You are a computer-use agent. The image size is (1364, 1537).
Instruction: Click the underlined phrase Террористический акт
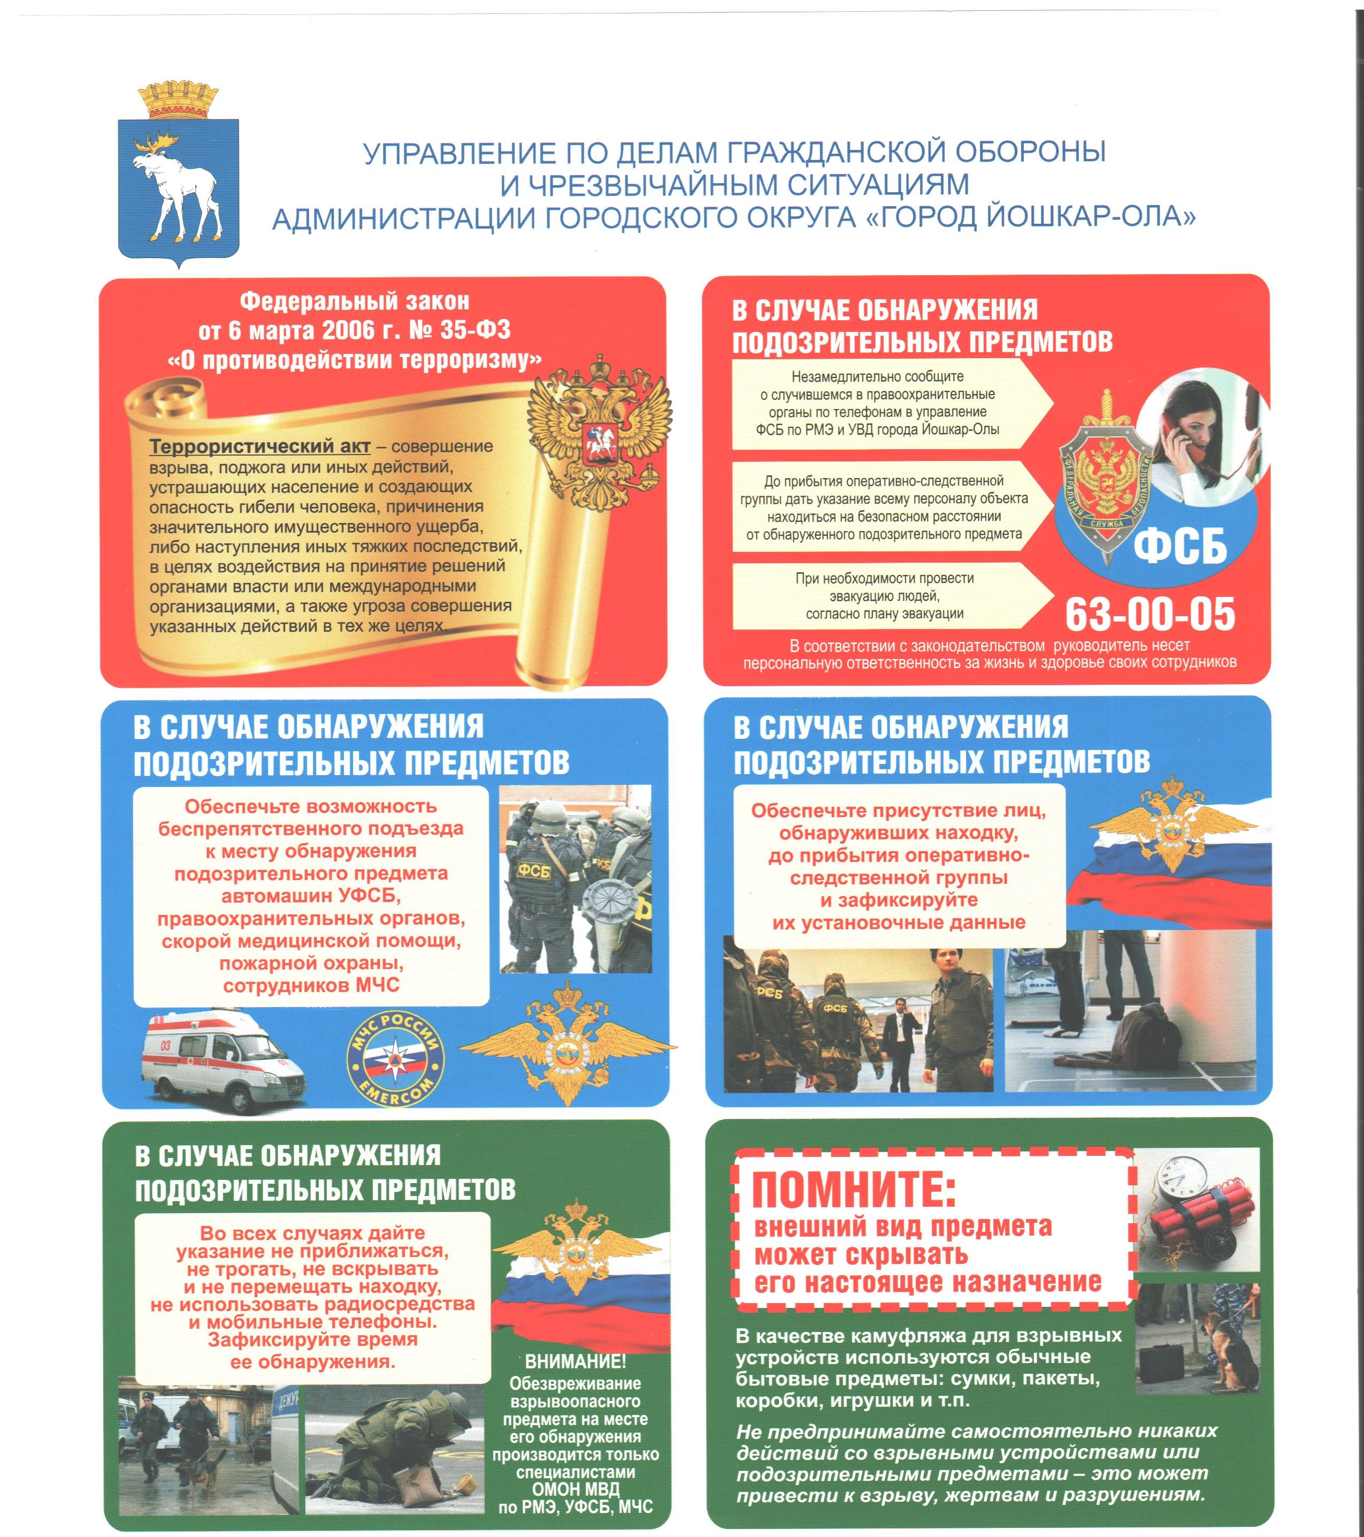point(259,446)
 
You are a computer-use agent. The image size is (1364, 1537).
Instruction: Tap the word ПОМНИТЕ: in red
point(854,1190)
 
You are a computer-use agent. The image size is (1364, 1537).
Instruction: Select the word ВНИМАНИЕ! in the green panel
point(575,1361)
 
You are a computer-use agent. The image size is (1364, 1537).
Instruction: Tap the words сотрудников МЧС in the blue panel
point(311,985)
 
